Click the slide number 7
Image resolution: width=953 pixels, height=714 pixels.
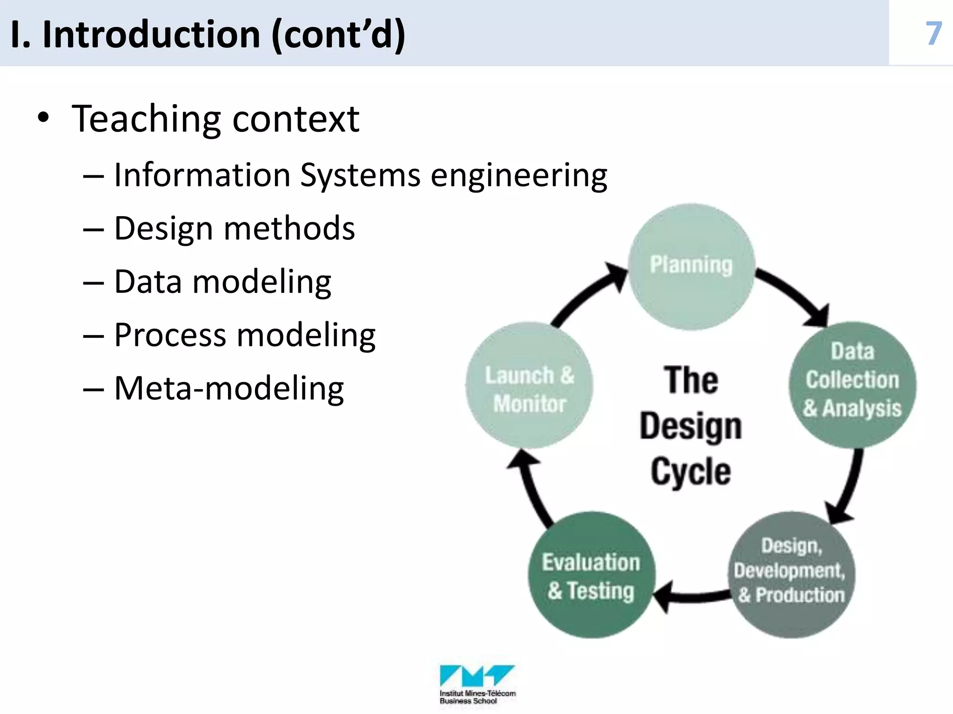click(x=933, y=33)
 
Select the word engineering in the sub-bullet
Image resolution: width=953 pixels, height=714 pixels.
click(x=518, y=176)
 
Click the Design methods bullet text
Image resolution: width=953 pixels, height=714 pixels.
click(x=234, y=229)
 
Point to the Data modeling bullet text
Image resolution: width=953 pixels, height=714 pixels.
click(x=222, y=282)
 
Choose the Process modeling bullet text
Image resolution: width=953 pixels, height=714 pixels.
click(x=245, y=335)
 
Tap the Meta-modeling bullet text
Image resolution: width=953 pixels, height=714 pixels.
click(x=229, y=389)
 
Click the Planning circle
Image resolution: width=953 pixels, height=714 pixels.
click(x=691, y=266)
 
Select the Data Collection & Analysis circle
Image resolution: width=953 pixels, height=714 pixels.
click(x=852, y=384)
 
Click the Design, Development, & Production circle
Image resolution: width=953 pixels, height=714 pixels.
click(x=791, y=575)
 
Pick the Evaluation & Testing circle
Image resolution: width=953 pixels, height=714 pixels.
click(x=591, y=575)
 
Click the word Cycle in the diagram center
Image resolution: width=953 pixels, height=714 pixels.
click(x=691, y=472)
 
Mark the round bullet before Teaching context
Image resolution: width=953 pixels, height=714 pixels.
click(x=43, y=118)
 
